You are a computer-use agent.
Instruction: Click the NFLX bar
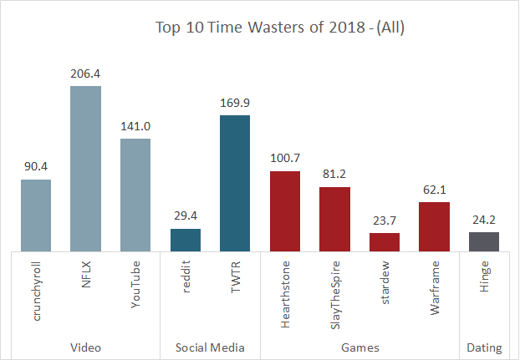tap(85, 168)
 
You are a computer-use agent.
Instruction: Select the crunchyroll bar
tap(35, 215)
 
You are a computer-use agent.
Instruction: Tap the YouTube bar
tap(135, 195)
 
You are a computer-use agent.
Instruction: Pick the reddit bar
tap(185, 240)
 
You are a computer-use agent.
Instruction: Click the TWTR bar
tap(234, 183)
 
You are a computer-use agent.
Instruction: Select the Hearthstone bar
tap(284, 210)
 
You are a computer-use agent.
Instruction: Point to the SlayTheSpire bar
tap(334, 219)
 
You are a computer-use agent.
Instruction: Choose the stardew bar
tap(384, 242)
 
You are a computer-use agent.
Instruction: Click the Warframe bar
tap(434, 226)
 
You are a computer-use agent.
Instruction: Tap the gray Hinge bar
tap(483, 241)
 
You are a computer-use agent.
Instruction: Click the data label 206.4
tap(85, 74)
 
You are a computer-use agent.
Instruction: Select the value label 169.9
tap(234, 104)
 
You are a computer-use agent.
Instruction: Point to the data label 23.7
tap(384, 221)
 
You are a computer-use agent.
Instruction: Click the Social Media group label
tap(209, 347)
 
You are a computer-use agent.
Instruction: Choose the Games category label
tap(359, 347)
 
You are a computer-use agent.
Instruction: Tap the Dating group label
tap(484, 347)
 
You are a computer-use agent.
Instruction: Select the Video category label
tap(84, 347)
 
